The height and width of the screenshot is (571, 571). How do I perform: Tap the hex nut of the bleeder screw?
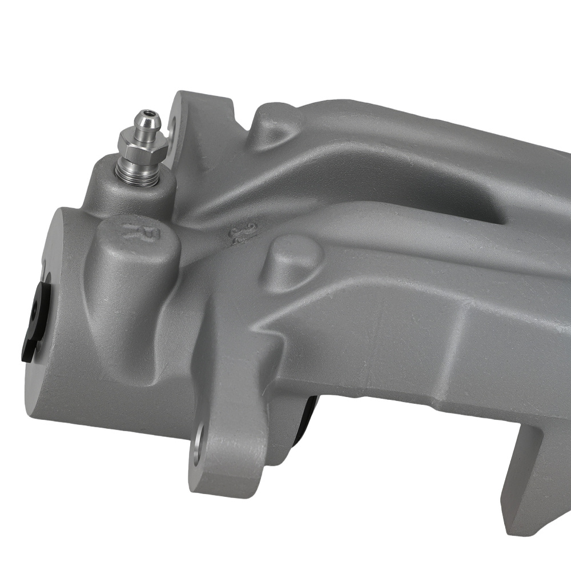143,144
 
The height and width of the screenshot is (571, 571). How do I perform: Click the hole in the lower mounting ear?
198,443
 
